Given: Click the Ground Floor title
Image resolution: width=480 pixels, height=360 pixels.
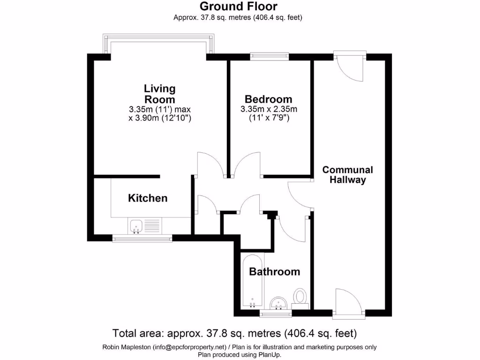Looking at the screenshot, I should point(238,7).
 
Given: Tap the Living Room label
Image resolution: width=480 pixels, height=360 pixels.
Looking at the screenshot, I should point(159,94).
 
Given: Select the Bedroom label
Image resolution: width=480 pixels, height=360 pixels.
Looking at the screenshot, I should point(269,99).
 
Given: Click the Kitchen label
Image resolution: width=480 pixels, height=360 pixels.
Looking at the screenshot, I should point(148,198).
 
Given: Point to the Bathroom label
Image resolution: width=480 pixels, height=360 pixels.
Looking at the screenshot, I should point(274,272).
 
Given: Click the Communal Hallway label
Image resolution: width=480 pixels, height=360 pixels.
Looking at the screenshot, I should point(347,175).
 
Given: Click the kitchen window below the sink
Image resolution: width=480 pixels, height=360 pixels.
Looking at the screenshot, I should point(142,239).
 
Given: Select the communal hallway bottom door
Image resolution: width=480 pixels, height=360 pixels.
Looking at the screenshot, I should point(348,302).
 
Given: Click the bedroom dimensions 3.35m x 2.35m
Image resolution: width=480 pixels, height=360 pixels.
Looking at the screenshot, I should point(269,109).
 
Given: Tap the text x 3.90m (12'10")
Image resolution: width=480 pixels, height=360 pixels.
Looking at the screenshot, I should point(160,119).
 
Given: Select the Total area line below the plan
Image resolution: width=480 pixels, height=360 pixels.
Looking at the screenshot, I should point(235,334).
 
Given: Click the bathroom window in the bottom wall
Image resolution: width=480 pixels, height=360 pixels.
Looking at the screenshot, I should point(275,312).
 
